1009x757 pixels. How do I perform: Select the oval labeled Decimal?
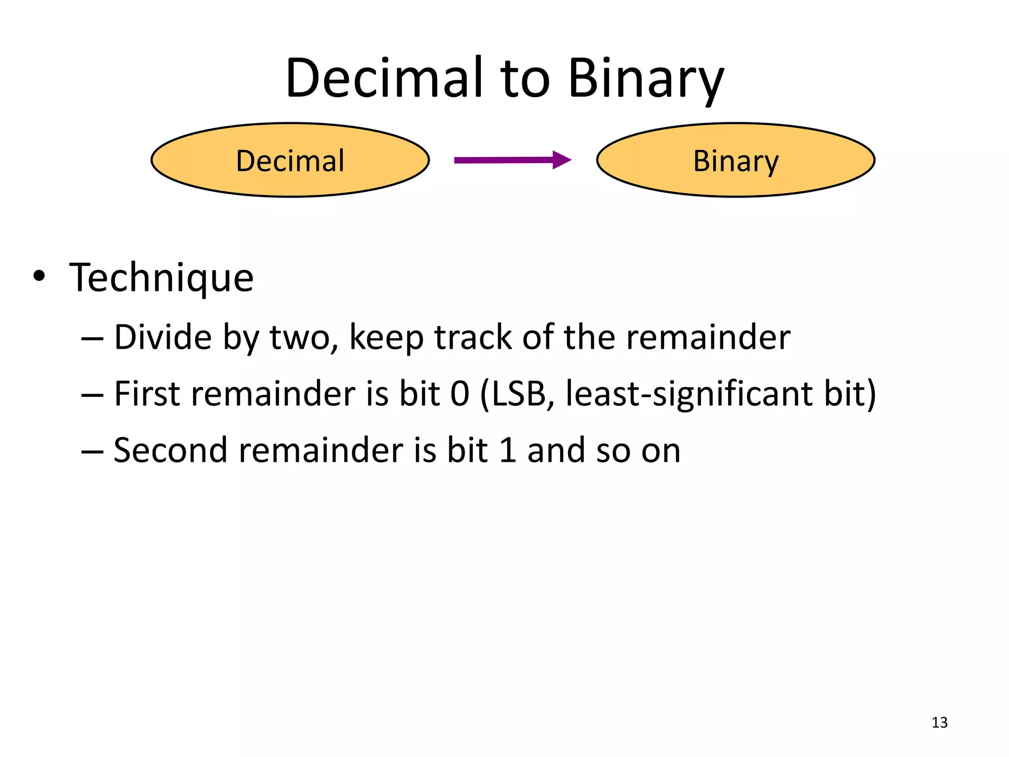(290, 160)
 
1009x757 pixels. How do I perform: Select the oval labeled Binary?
(736, 160)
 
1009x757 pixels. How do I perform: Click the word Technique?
(162, 277)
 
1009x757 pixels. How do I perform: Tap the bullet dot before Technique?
(39, 276)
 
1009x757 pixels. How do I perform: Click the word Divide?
(163, 338)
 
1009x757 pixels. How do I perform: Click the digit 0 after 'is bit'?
(460, 394)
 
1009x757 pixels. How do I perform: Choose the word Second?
(170, 450)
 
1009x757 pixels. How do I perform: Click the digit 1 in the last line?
(508, 450)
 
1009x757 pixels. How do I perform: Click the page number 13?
(940, 723)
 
